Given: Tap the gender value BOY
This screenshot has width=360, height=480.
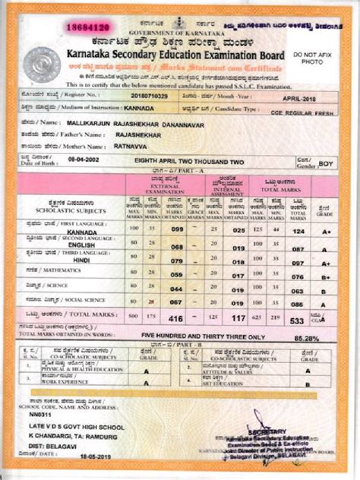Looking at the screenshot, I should [325, 163].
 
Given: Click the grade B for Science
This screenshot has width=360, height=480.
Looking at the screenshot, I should [325, 290].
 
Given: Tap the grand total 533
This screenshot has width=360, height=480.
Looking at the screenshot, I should [298, 321].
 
